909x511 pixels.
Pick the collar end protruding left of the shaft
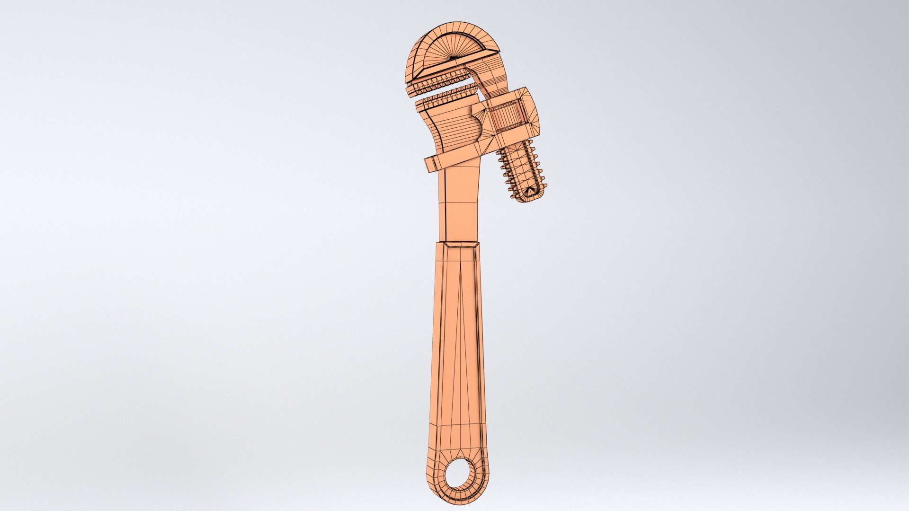(431, 164)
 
